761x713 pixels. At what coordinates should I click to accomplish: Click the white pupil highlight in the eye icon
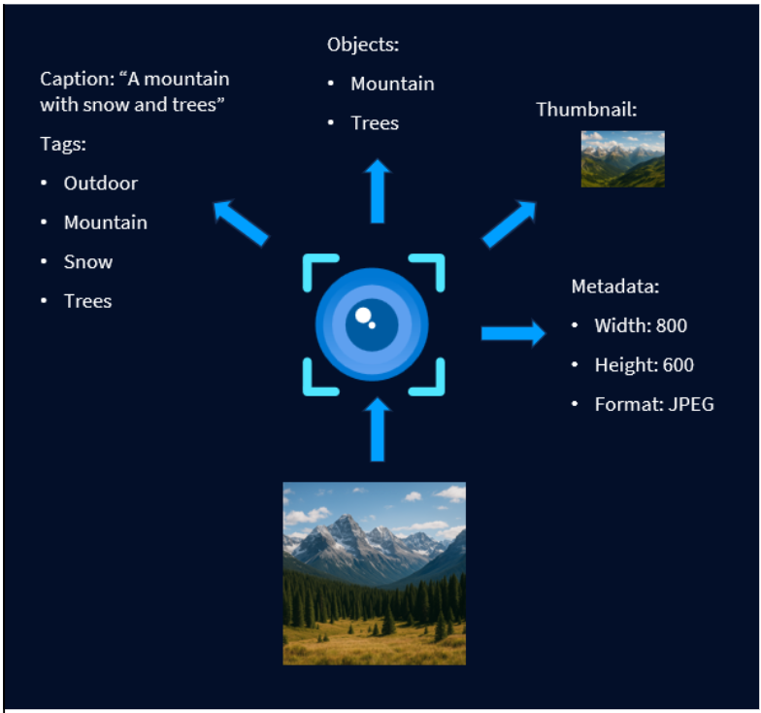coord(364,316)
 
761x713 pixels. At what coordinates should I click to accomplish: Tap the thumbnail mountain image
coord(622,158)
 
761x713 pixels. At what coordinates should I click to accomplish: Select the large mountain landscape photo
coord(374,573)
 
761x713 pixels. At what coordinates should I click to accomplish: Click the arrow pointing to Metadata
coord(513,334)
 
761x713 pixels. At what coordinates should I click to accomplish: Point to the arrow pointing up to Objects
coord(378,191)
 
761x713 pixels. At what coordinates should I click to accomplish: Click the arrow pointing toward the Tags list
coord(240,222)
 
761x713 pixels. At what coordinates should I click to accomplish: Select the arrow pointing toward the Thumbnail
coord(509,223)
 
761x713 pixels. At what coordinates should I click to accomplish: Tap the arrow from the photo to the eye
coord(378,429)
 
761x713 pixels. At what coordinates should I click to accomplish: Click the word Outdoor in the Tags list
coord(101,183)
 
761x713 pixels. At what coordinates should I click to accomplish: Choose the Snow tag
coord(88,261)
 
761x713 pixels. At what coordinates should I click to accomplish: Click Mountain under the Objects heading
coord(392,84)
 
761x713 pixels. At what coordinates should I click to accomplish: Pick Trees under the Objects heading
coord(375,123)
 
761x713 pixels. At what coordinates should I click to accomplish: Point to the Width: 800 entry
coord(641,325)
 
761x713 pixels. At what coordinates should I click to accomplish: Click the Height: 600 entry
coord(645,365)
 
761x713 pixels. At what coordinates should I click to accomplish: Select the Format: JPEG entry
coord(654,404)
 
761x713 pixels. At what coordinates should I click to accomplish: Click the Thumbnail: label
coord(586,109)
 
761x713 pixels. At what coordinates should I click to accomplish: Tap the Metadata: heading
coord(614,287)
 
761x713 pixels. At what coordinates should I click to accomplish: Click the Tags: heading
coord(63,144)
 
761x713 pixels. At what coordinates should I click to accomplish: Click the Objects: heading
coord(363,44)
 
